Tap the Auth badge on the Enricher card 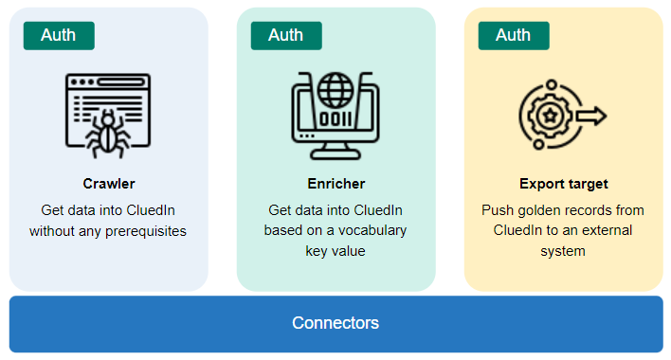coord(285,35)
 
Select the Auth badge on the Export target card coord(513,35)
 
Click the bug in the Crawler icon coord(107,133)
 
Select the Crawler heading coord(108,184)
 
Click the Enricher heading coord(335,184)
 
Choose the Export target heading coord(563,184)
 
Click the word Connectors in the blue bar coord(335,323)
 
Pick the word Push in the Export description coord(497,209)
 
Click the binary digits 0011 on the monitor coord(335,120)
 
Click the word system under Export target coord(563,251)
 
